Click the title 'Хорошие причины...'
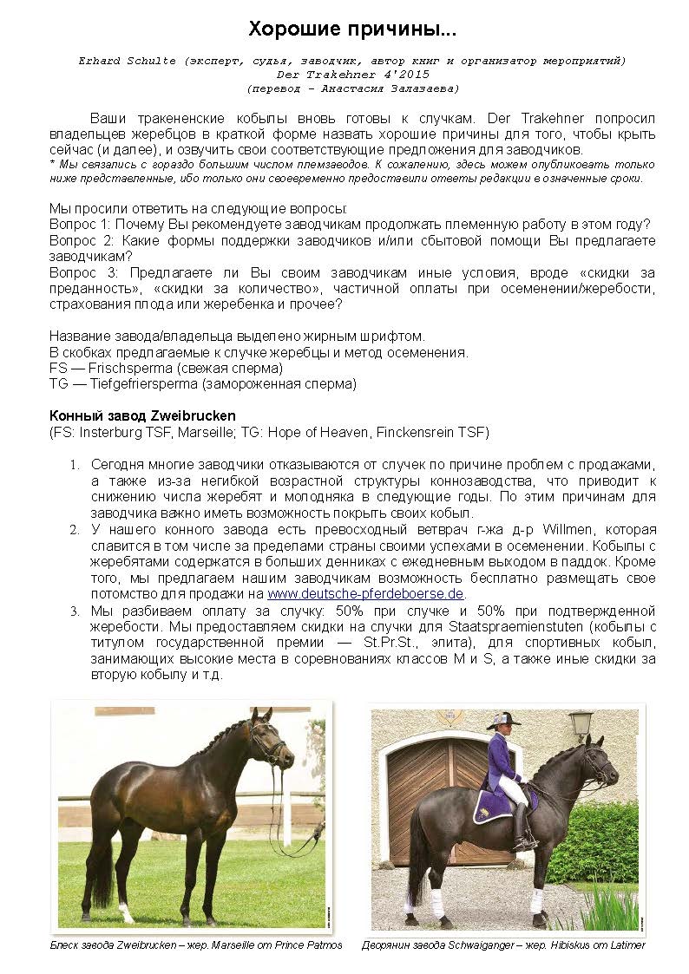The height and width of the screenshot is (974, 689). [x=352, y=29]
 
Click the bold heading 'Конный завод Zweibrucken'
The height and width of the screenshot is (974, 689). [x=142, y=415]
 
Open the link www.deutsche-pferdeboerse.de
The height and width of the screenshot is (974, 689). [x=365, y=594]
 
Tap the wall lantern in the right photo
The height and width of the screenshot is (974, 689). [x=581, y=722]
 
